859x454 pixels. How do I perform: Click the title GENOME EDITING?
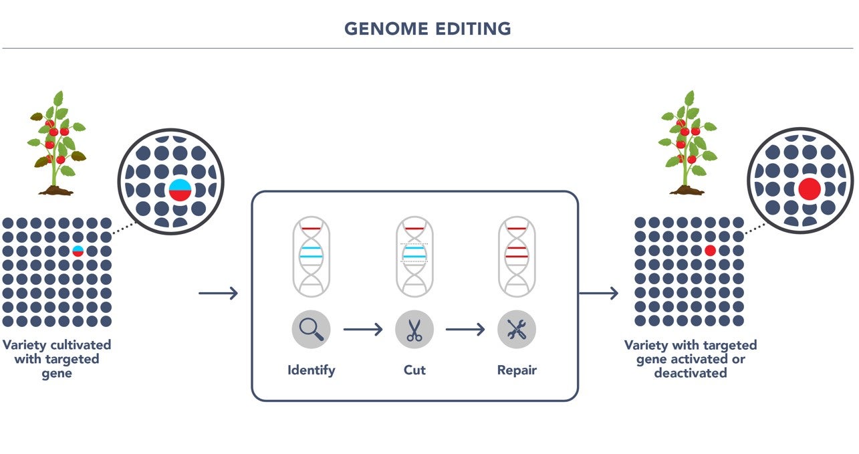point(428,29)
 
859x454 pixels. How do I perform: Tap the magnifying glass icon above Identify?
point(311,329)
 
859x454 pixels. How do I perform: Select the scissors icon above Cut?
point(414,329)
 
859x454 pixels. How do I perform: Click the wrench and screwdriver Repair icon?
point(517,329)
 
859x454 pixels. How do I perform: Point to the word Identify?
point(311,370)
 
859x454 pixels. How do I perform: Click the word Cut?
point(414,370)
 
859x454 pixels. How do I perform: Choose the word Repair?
point(517,370)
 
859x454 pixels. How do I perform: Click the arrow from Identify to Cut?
point(363,329)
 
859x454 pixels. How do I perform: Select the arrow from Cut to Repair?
point(465,329)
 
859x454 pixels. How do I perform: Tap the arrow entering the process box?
point(219,293)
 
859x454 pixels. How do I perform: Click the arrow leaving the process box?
point(599,293)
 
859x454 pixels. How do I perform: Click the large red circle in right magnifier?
point(810,189)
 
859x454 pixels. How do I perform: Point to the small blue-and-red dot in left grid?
point(78,251)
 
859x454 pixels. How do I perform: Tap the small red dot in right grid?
point(710,250)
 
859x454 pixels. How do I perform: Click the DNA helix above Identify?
point(311,257)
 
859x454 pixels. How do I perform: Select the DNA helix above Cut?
point(414,257)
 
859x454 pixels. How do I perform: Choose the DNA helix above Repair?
point(517,257)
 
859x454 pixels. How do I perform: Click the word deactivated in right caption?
point(691,373)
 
